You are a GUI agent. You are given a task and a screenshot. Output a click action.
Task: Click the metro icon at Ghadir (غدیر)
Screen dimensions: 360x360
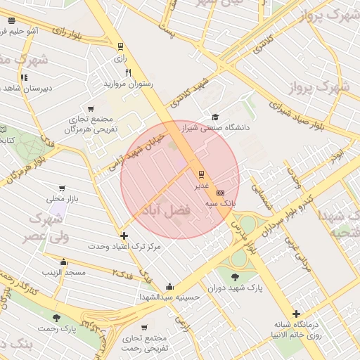pos(201,173)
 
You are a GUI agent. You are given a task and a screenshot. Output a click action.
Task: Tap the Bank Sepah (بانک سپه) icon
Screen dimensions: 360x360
pos(221,192)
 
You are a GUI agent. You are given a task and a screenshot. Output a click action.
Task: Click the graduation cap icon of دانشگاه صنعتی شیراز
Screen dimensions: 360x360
pos(215,117)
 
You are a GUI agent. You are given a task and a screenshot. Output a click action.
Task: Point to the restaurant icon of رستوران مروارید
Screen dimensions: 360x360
pos(127,72)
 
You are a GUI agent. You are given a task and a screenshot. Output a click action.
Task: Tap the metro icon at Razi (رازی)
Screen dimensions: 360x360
pos(120,48)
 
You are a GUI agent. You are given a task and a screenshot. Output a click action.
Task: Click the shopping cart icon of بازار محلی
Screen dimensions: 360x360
pos(63,188)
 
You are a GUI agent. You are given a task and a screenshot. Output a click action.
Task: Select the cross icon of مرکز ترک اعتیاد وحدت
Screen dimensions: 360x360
pos(124,236)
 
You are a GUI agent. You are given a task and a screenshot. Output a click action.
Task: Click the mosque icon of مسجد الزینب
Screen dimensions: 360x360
pos(63,262)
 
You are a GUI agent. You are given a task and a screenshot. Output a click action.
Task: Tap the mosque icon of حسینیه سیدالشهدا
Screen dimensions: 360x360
pos(169,286)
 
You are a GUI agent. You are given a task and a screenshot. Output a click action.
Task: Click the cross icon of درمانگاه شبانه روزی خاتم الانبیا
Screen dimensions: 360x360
pos(296,314)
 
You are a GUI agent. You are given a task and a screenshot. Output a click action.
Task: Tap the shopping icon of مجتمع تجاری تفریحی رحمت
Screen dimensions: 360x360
pos(144,328)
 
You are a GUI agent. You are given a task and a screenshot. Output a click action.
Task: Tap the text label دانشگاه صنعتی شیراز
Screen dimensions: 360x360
pos(217,128)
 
